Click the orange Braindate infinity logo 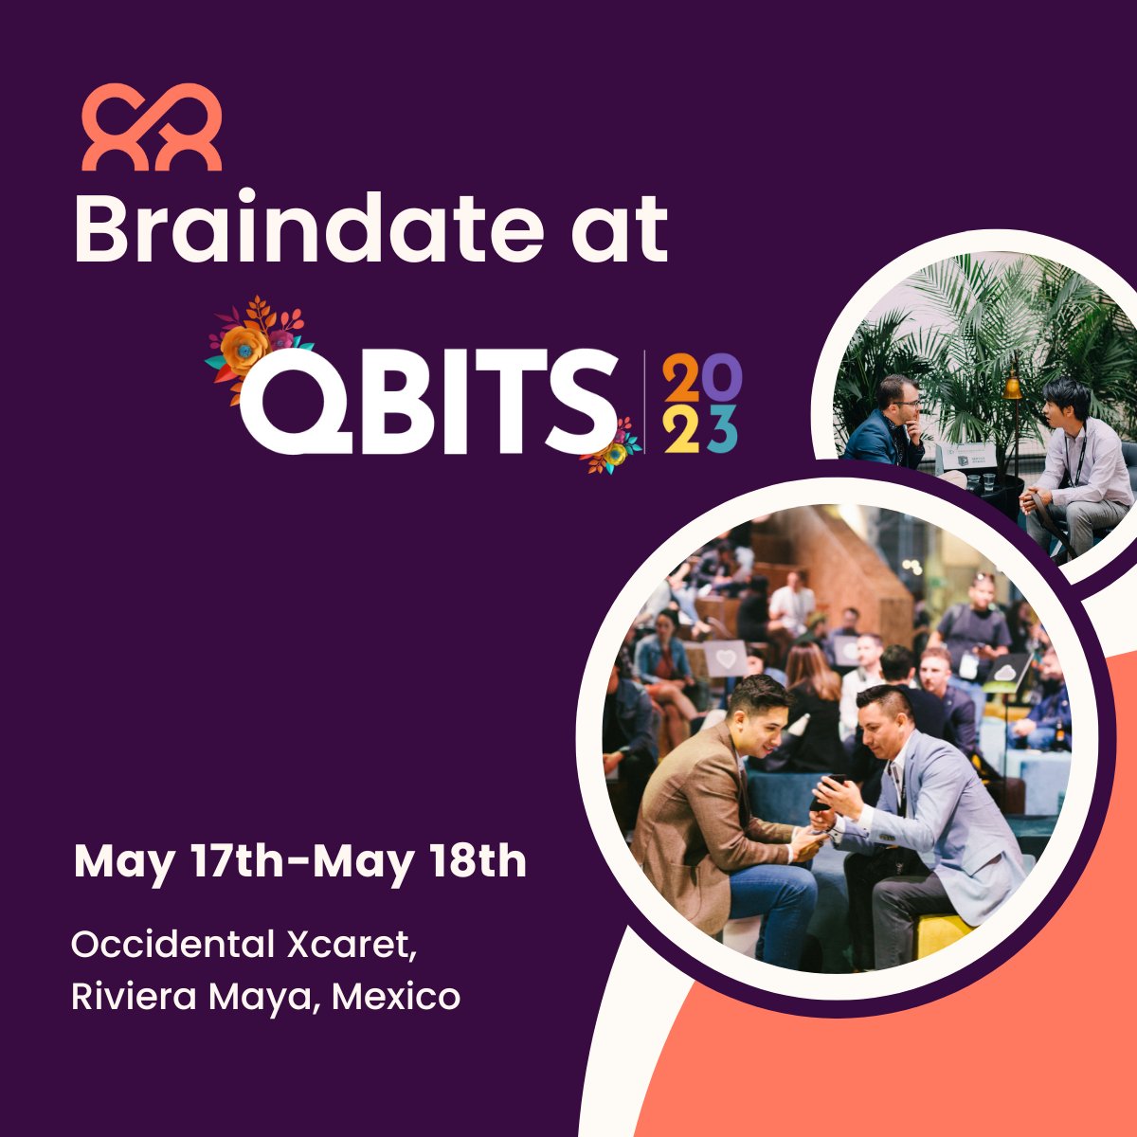(x=152, y=127)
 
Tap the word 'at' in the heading (x=620, y=231)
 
